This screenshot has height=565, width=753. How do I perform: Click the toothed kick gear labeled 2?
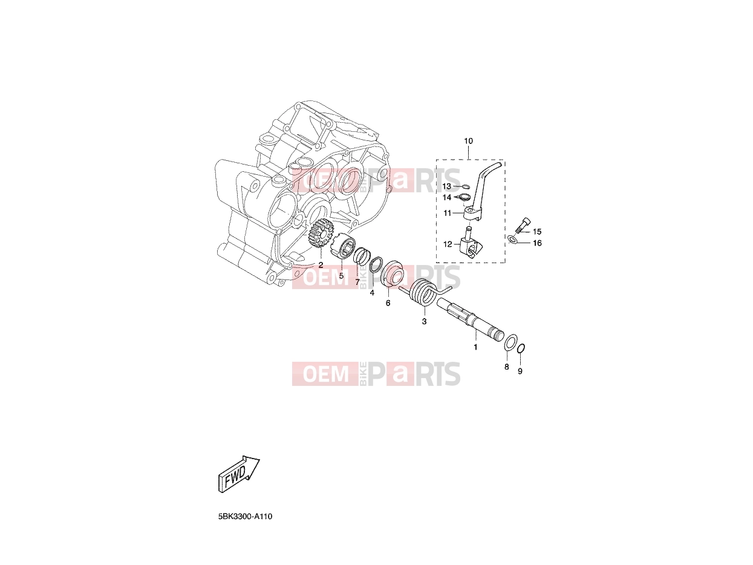point(321,235)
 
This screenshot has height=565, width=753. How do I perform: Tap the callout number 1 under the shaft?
point(475,347)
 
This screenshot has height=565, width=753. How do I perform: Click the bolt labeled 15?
point(521,224)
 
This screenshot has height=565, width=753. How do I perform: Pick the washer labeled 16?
point(512,240)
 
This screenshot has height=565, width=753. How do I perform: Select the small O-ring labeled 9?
point(520,348)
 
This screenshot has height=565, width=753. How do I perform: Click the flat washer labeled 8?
point(510,342)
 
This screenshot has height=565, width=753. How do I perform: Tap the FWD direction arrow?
point(239,474)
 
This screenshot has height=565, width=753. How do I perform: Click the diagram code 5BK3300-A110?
point(245,526)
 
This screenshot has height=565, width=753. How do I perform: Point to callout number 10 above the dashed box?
point(468,141)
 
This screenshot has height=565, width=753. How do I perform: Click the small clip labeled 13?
point(466,187)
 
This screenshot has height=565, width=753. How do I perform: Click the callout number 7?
point(357,282)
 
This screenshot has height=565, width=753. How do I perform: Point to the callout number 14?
point(446,198)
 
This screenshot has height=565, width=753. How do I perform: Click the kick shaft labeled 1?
point(471,318)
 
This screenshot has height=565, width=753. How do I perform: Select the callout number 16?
point(537,243)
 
